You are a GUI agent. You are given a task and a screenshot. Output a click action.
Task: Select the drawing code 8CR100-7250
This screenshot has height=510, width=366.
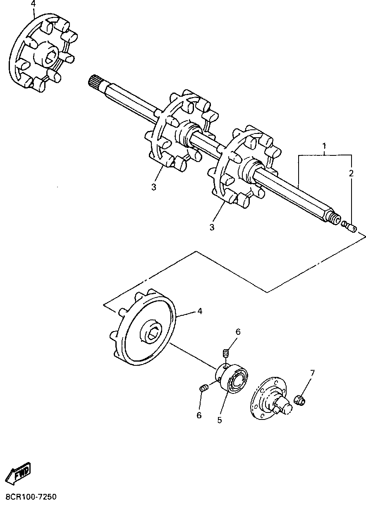31,496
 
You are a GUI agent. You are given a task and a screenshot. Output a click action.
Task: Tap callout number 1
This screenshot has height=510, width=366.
325,146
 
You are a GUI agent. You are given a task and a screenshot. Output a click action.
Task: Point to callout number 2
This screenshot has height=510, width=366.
351,173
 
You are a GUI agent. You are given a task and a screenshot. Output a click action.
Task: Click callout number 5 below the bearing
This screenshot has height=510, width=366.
220,419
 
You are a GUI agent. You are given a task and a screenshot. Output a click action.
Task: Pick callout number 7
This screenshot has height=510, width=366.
312,373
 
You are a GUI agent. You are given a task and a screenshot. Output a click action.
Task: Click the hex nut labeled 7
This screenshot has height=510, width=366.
299,400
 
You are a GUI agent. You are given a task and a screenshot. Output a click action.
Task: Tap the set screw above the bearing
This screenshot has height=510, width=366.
226,354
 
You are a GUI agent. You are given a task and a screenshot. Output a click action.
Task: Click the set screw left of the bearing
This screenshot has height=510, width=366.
203,388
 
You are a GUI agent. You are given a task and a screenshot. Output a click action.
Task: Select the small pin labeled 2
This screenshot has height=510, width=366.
350,227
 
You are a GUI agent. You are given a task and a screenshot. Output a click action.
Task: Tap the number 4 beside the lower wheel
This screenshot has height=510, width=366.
200,311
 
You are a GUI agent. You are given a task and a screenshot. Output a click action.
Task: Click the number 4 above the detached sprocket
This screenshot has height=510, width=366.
33,4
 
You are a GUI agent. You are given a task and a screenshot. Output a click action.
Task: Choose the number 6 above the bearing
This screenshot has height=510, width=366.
238,331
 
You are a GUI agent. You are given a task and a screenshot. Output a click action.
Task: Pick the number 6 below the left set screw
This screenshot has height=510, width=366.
199,415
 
